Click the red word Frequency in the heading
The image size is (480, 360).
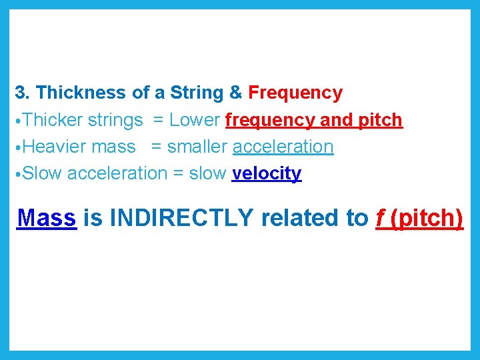coord(295,93)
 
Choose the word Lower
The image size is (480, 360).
coord(195,120)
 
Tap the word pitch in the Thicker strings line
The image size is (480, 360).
coord(381,121)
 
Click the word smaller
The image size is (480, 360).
coord(197,147)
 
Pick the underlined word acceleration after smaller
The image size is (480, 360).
coord(283,147)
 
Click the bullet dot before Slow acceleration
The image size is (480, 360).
coord(18,174)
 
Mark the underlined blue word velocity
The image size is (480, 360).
coord(267,173)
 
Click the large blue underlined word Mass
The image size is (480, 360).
coord(47,218)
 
